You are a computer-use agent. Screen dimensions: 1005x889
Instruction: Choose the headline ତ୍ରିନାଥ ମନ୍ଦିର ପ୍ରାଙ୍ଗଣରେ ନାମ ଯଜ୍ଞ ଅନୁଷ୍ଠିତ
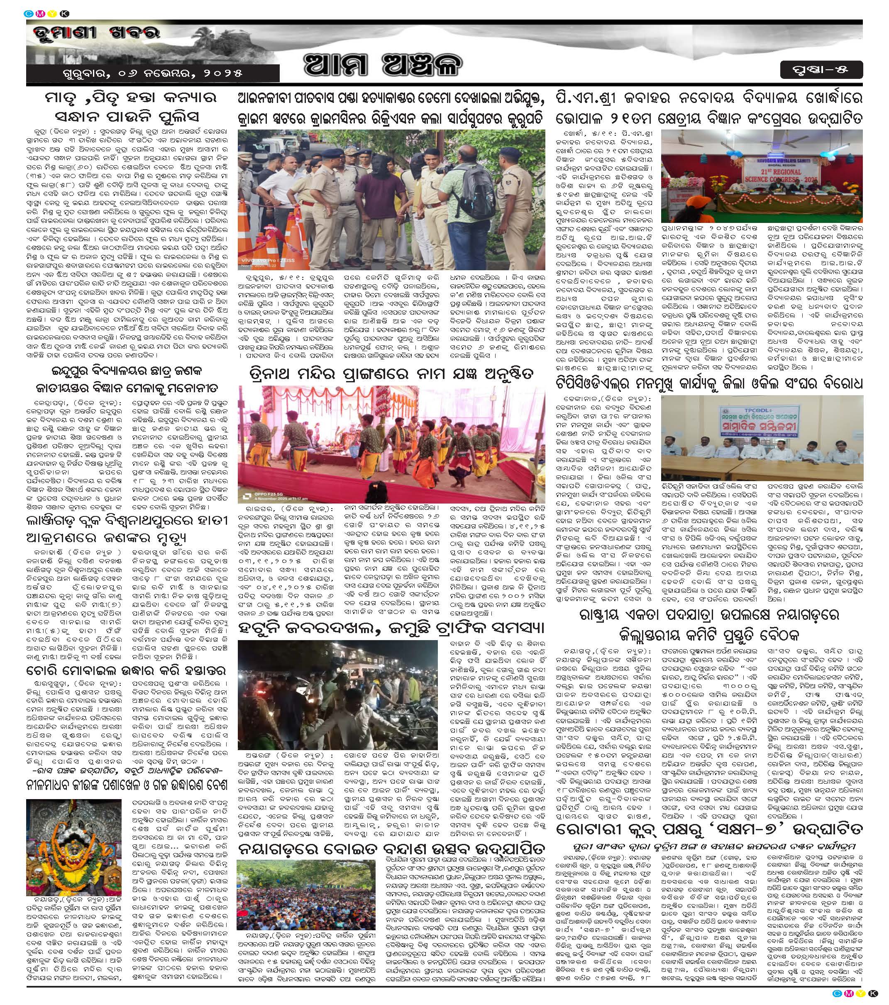coord(391,374)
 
